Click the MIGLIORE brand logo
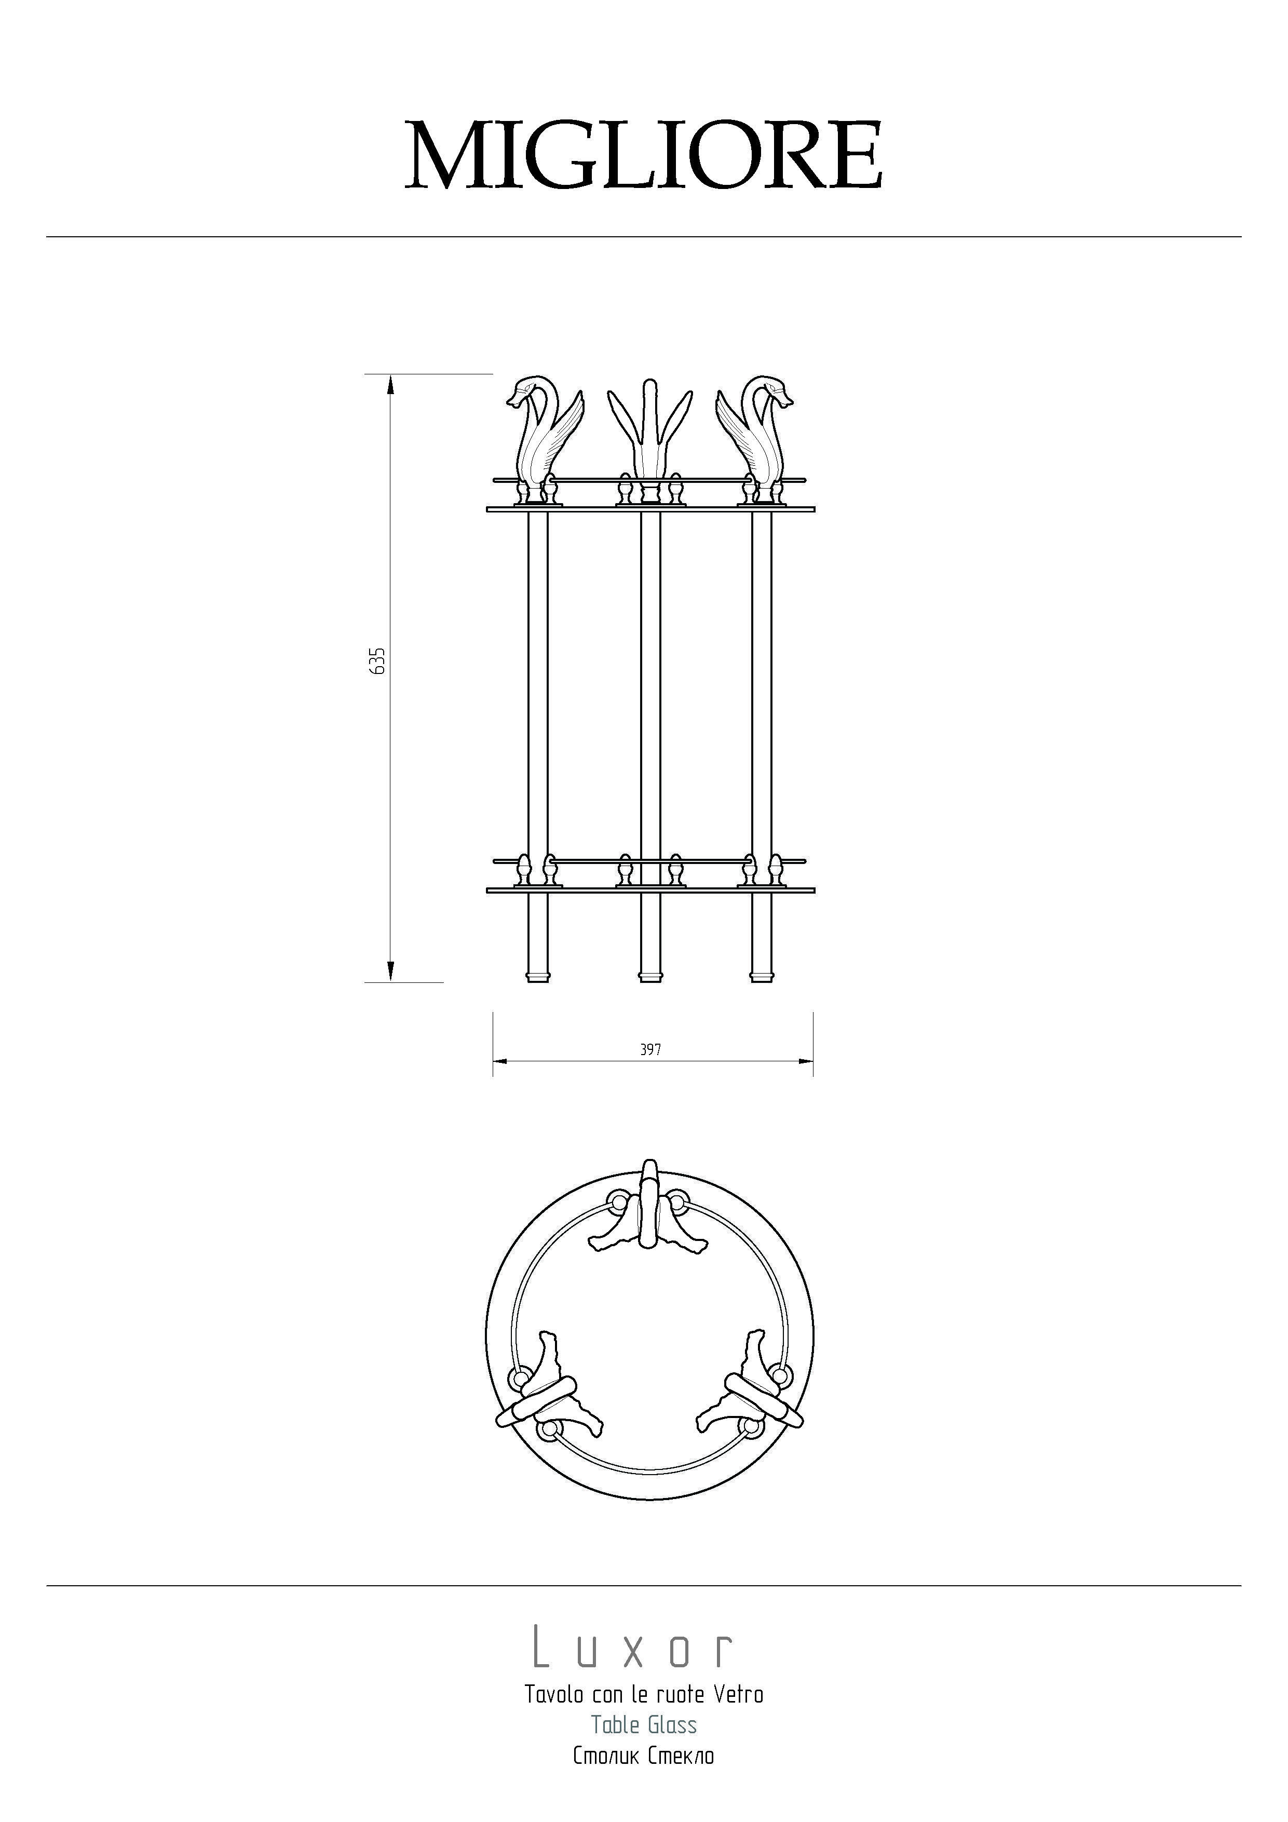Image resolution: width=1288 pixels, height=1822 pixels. [x=644, y=156]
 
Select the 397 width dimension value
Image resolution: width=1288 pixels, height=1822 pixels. [x=650, y=1049]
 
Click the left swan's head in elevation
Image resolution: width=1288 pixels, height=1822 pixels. [x=525, y=390]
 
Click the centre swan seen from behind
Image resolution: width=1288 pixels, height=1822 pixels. [x=650, y=440]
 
